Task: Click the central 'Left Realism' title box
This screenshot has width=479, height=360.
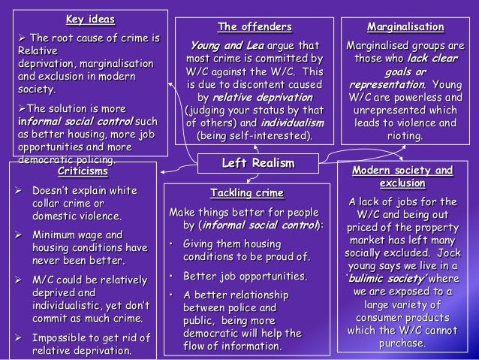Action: coord(258,163)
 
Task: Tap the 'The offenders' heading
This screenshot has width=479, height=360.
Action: coord(255,27)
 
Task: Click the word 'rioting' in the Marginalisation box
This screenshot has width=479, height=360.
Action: coord(405,136)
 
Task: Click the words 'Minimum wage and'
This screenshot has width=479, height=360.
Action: coord(76,235)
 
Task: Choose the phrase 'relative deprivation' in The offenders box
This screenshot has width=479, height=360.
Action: coord(252,97)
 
